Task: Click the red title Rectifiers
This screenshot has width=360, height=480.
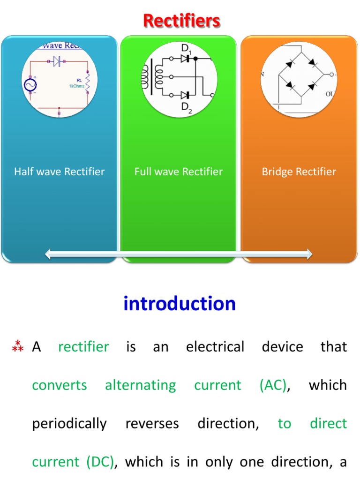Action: tap(181, 21)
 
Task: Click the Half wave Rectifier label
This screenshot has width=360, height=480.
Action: tap(59, 172)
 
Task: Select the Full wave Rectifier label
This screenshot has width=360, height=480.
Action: tap(179, 172)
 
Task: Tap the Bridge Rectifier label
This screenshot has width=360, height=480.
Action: tap(299, 172)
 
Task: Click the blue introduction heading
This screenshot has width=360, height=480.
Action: tap(180, 304)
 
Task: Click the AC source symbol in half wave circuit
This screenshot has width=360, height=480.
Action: tap(30, 85)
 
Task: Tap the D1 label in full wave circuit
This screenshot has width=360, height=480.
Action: tap(187, 48)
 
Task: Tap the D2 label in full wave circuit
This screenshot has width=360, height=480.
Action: tap(187, 107)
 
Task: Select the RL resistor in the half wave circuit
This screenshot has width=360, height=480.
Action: tap(87, 82)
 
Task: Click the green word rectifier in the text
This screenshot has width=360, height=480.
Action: tap(83, 347)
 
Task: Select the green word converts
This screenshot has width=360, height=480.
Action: tap(60, 385)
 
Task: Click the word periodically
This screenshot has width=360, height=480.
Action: tap(69, 424)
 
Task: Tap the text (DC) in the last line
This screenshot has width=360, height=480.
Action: tap(100, 462)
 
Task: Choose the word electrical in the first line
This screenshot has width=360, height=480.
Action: tap(215, 347)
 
